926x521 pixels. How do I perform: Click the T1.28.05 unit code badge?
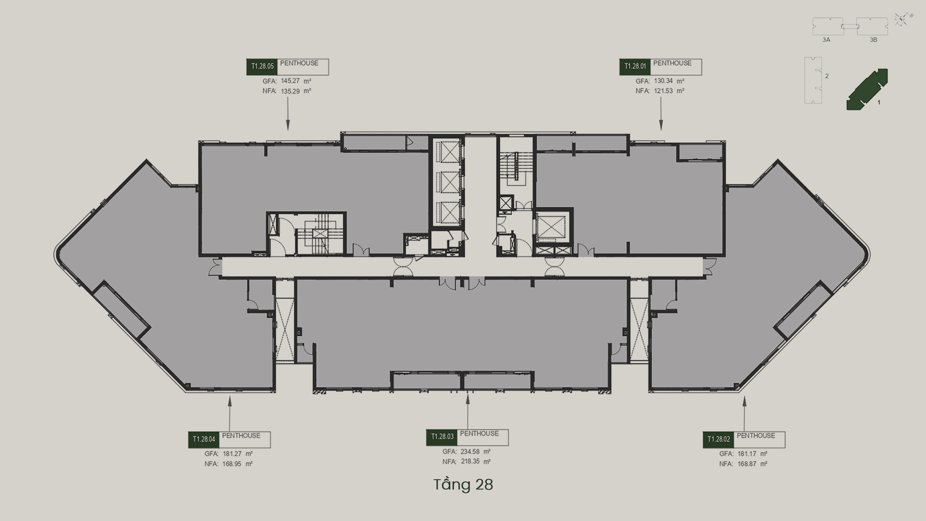[x=262, y=67]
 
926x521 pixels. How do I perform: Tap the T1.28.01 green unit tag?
[x=635, y=67]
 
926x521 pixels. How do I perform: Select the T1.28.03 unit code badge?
[x=442, y=437]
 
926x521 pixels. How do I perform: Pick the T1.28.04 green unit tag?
[x=204, y=440]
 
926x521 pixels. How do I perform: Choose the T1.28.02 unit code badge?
[x=718, y=440]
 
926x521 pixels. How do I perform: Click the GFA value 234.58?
[x=470, y=452]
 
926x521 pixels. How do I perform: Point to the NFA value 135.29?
[x=290, y=91]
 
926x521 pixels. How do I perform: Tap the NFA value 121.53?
[x=663, y=91]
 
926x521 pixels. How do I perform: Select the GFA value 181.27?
[x=232, y=454]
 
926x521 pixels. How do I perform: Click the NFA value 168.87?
[x=747, y=464]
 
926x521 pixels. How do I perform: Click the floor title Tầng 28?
[x=463, y=484]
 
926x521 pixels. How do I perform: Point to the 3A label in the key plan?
[x=826, y=40]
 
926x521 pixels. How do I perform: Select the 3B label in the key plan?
[x=873, y=40]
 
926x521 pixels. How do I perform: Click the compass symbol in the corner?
[x=902, y=19]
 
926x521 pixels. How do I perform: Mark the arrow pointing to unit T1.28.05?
[x=288, y=114]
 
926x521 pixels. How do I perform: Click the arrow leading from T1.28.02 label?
[x=744, y=414]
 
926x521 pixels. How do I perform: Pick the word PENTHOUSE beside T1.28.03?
[x=479, y=433]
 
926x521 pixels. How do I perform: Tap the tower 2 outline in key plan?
[x=813, y=80]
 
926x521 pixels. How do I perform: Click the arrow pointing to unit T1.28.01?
[x=661, y=114]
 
